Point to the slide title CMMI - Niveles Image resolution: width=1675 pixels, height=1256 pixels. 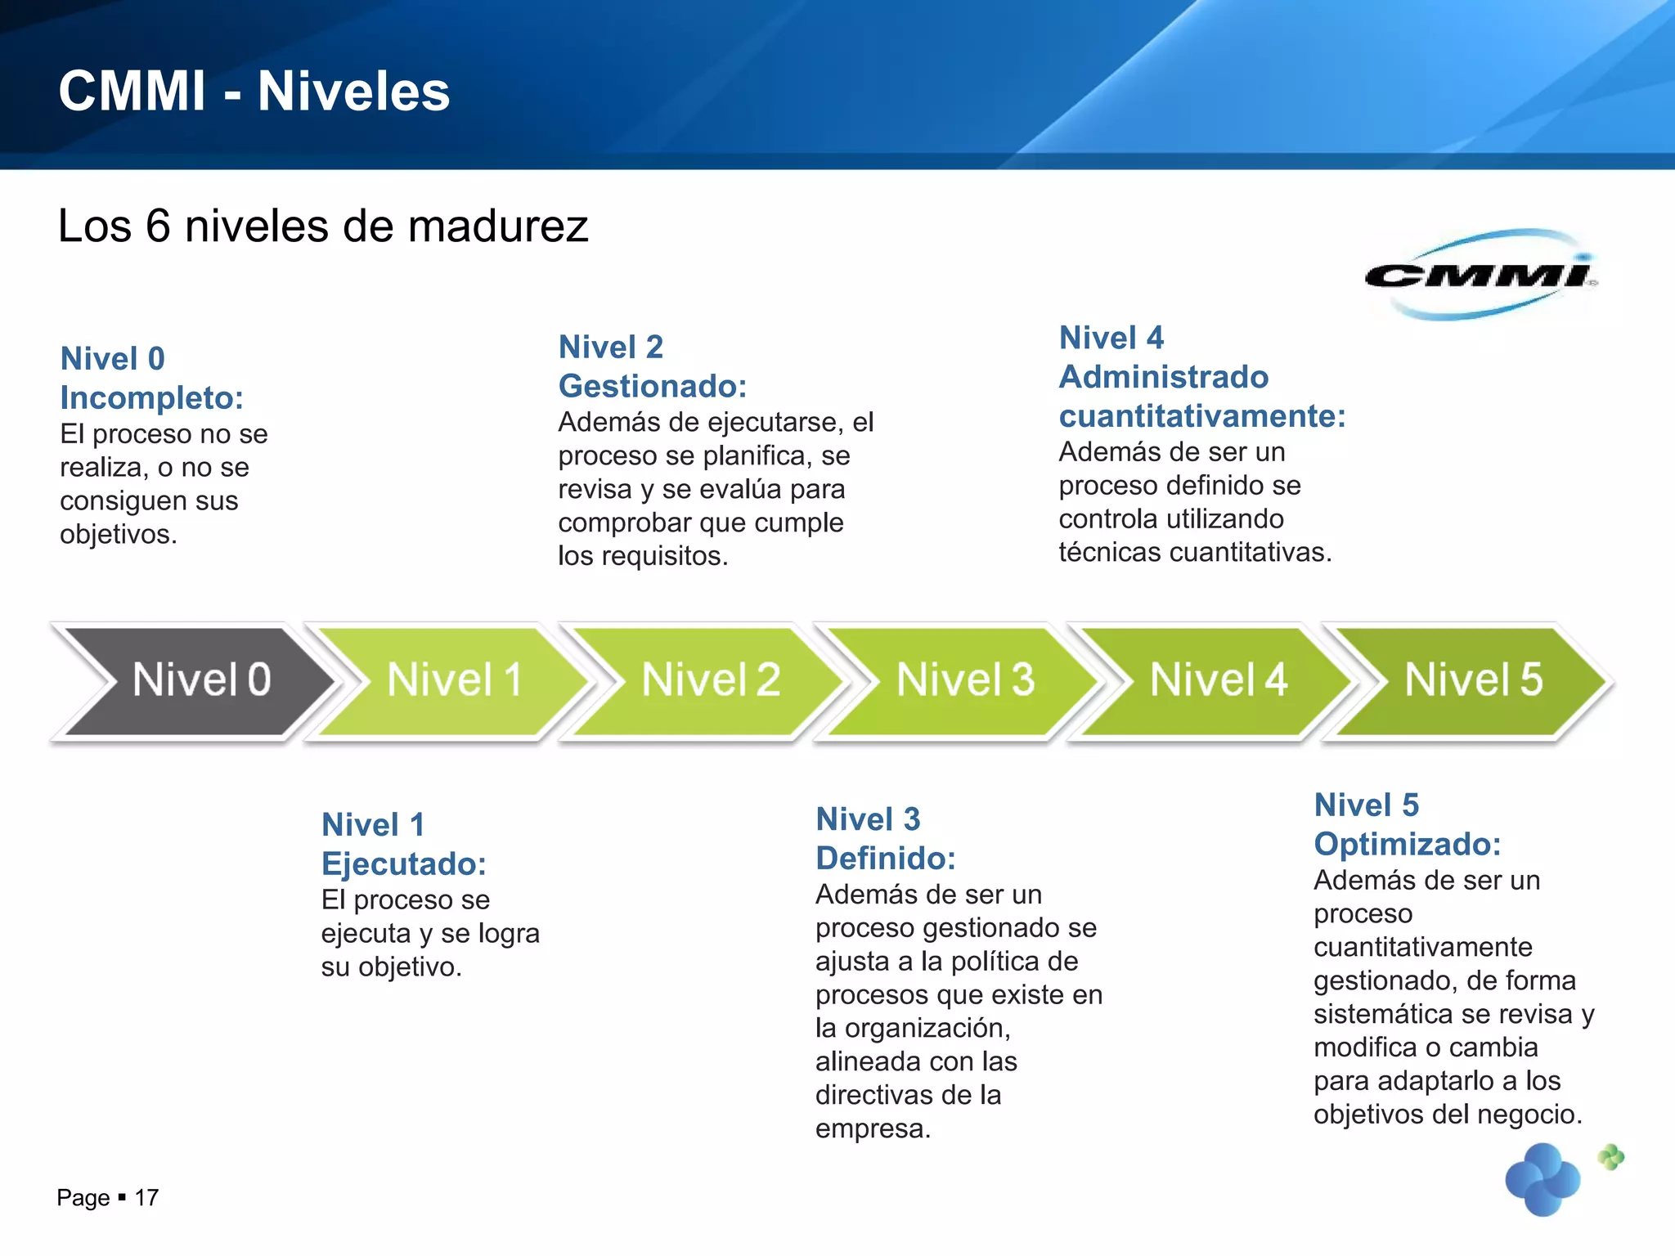[x=254, y=91]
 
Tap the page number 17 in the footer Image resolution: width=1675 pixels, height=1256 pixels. [x=146, y=1198]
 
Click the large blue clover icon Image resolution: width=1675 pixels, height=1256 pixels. [x=1543, y=1180]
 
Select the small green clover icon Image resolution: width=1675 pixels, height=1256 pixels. [x=1611, y=1156]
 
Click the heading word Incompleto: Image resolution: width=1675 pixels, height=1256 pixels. [x=152, y=398]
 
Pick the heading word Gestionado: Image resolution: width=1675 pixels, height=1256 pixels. [x=653, y=386]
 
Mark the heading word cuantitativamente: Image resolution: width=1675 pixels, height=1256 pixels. [x=1202, y=416]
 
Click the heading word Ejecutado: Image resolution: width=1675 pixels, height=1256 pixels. [x=404, y=864]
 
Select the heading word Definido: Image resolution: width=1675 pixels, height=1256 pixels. [x=886, y=859]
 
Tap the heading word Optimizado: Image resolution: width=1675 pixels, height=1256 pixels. [x=1408, y=844]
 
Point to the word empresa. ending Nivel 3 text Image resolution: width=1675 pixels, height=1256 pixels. [x=873, y=1129]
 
